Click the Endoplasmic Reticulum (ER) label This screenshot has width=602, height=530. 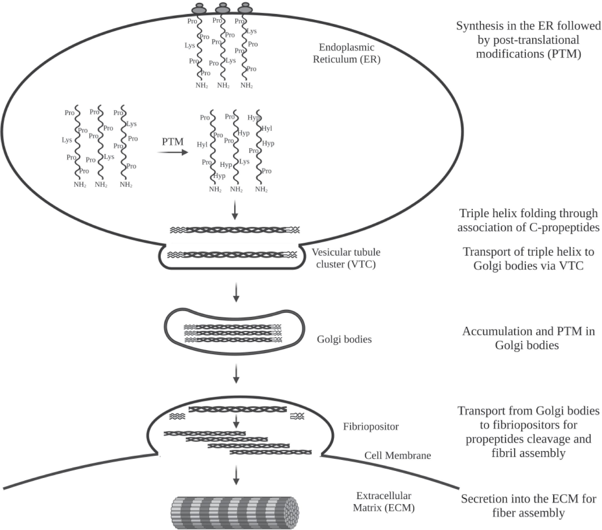point(347,53)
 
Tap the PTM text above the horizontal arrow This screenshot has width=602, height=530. point(173,142)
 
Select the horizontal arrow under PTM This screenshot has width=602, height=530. point(173,152)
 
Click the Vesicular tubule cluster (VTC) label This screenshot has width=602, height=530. point(346,258)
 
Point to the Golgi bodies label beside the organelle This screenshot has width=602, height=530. point(344,339)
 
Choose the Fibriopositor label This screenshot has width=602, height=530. point(371,426)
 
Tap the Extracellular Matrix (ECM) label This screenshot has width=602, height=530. point(384,502)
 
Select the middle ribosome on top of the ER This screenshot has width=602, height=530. point(223,9)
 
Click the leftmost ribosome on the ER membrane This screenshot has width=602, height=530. point(199,9)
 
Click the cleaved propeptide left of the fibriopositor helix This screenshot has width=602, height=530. point(177,416)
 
